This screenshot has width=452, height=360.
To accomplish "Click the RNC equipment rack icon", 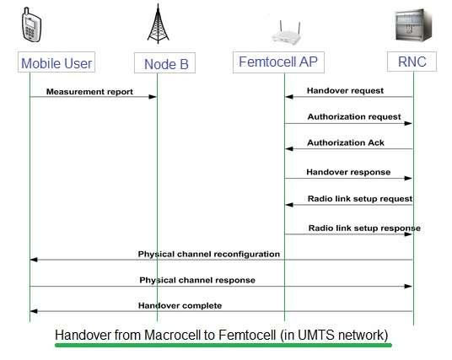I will click(412, 24).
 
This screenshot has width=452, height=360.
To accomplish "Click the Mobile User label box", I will click(56, 62).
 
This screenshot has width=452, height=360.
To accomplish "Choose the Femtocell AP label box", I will click(278, 62).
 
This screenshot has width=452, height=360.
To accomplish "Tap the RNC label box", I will click(412, 62).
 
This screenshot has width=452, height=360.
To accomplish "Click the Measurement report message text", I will click(89, 91).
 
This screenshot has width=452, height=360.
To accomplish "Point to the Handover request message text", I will click(345, 90).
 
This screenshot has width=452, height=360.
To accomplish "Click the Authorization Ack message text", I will click(344, 144).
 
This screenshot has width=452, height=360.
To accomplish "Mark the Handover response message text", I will click(348, 172).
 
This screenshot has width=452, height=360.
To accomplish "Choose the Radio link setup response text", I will click(364, 228).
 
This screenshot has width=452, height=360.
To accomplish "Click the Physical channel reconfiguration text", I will click(208, 254).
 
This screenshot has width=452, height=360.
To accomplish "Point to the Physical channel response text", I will click(197, 280).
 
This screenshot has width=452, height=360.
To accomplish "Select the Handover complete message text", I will click(180, 305).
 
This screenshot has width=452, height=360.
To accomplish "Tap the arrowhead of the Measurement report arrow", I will click(153, 98).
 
